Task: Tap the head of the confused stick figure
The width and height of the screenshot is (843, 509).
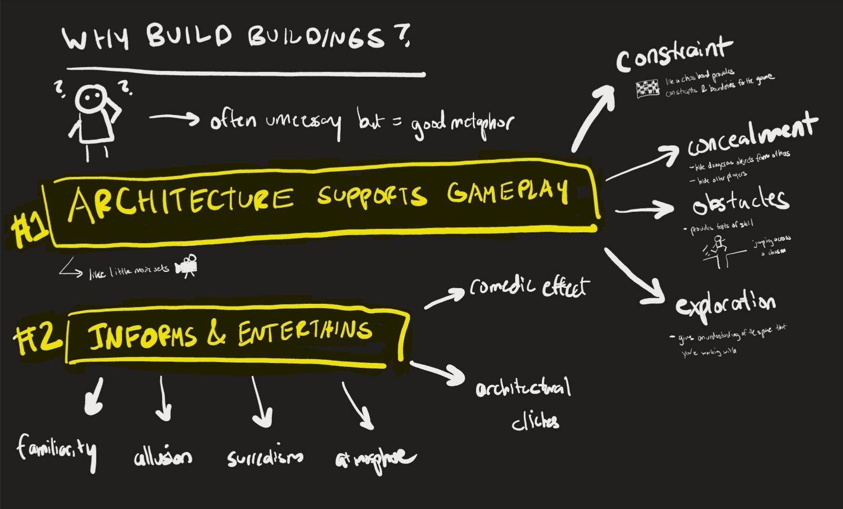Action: click(x=89, y=99)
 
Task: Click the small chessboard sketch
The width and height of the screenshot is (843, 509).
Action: click(x=647, y=89)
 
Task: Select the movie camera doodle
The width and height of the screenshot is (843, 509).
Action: click(x=187, y=266)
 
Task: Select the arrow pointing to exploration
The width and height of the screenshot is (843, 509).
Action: click(x=634, y=276)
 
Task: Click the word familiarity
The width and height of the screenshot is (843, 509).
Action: click(x=56, y=450)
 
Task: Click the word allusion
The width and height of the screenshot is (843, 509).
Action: click(x=163, y=457)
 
